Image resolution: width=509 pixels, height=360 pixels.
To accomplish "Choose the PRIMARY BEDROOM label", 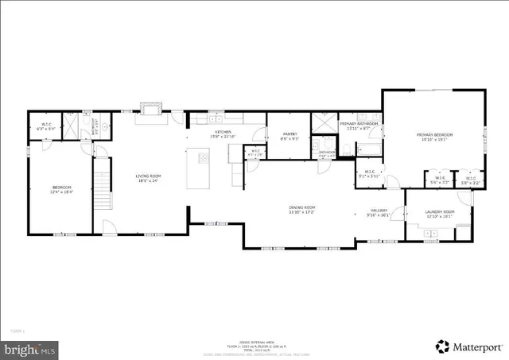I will (x=434, y=135).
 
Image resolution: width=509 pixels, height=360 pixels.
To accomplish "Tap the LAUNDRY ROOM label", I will (x=439, y=211).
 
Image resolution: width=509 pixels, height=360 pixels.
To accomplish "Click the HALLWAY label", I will (x=377, y=210).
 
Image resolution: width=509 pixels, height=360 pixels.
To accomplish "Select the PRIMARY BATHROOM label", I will (x=358, y=124).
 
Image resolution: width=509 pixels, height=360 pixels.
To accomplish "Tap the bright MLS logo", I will (x=30, y=348).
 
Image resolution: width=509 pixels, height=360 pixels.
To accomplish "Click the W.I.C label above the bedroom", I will (x=46, y=124).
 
